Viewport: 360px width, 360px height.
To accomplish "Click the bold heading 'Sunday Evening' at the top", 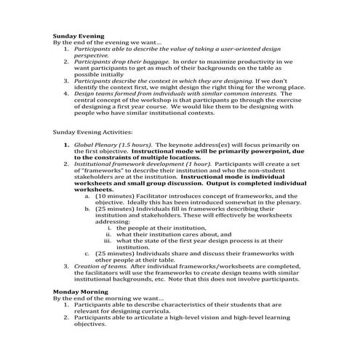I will coord(79,36).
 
